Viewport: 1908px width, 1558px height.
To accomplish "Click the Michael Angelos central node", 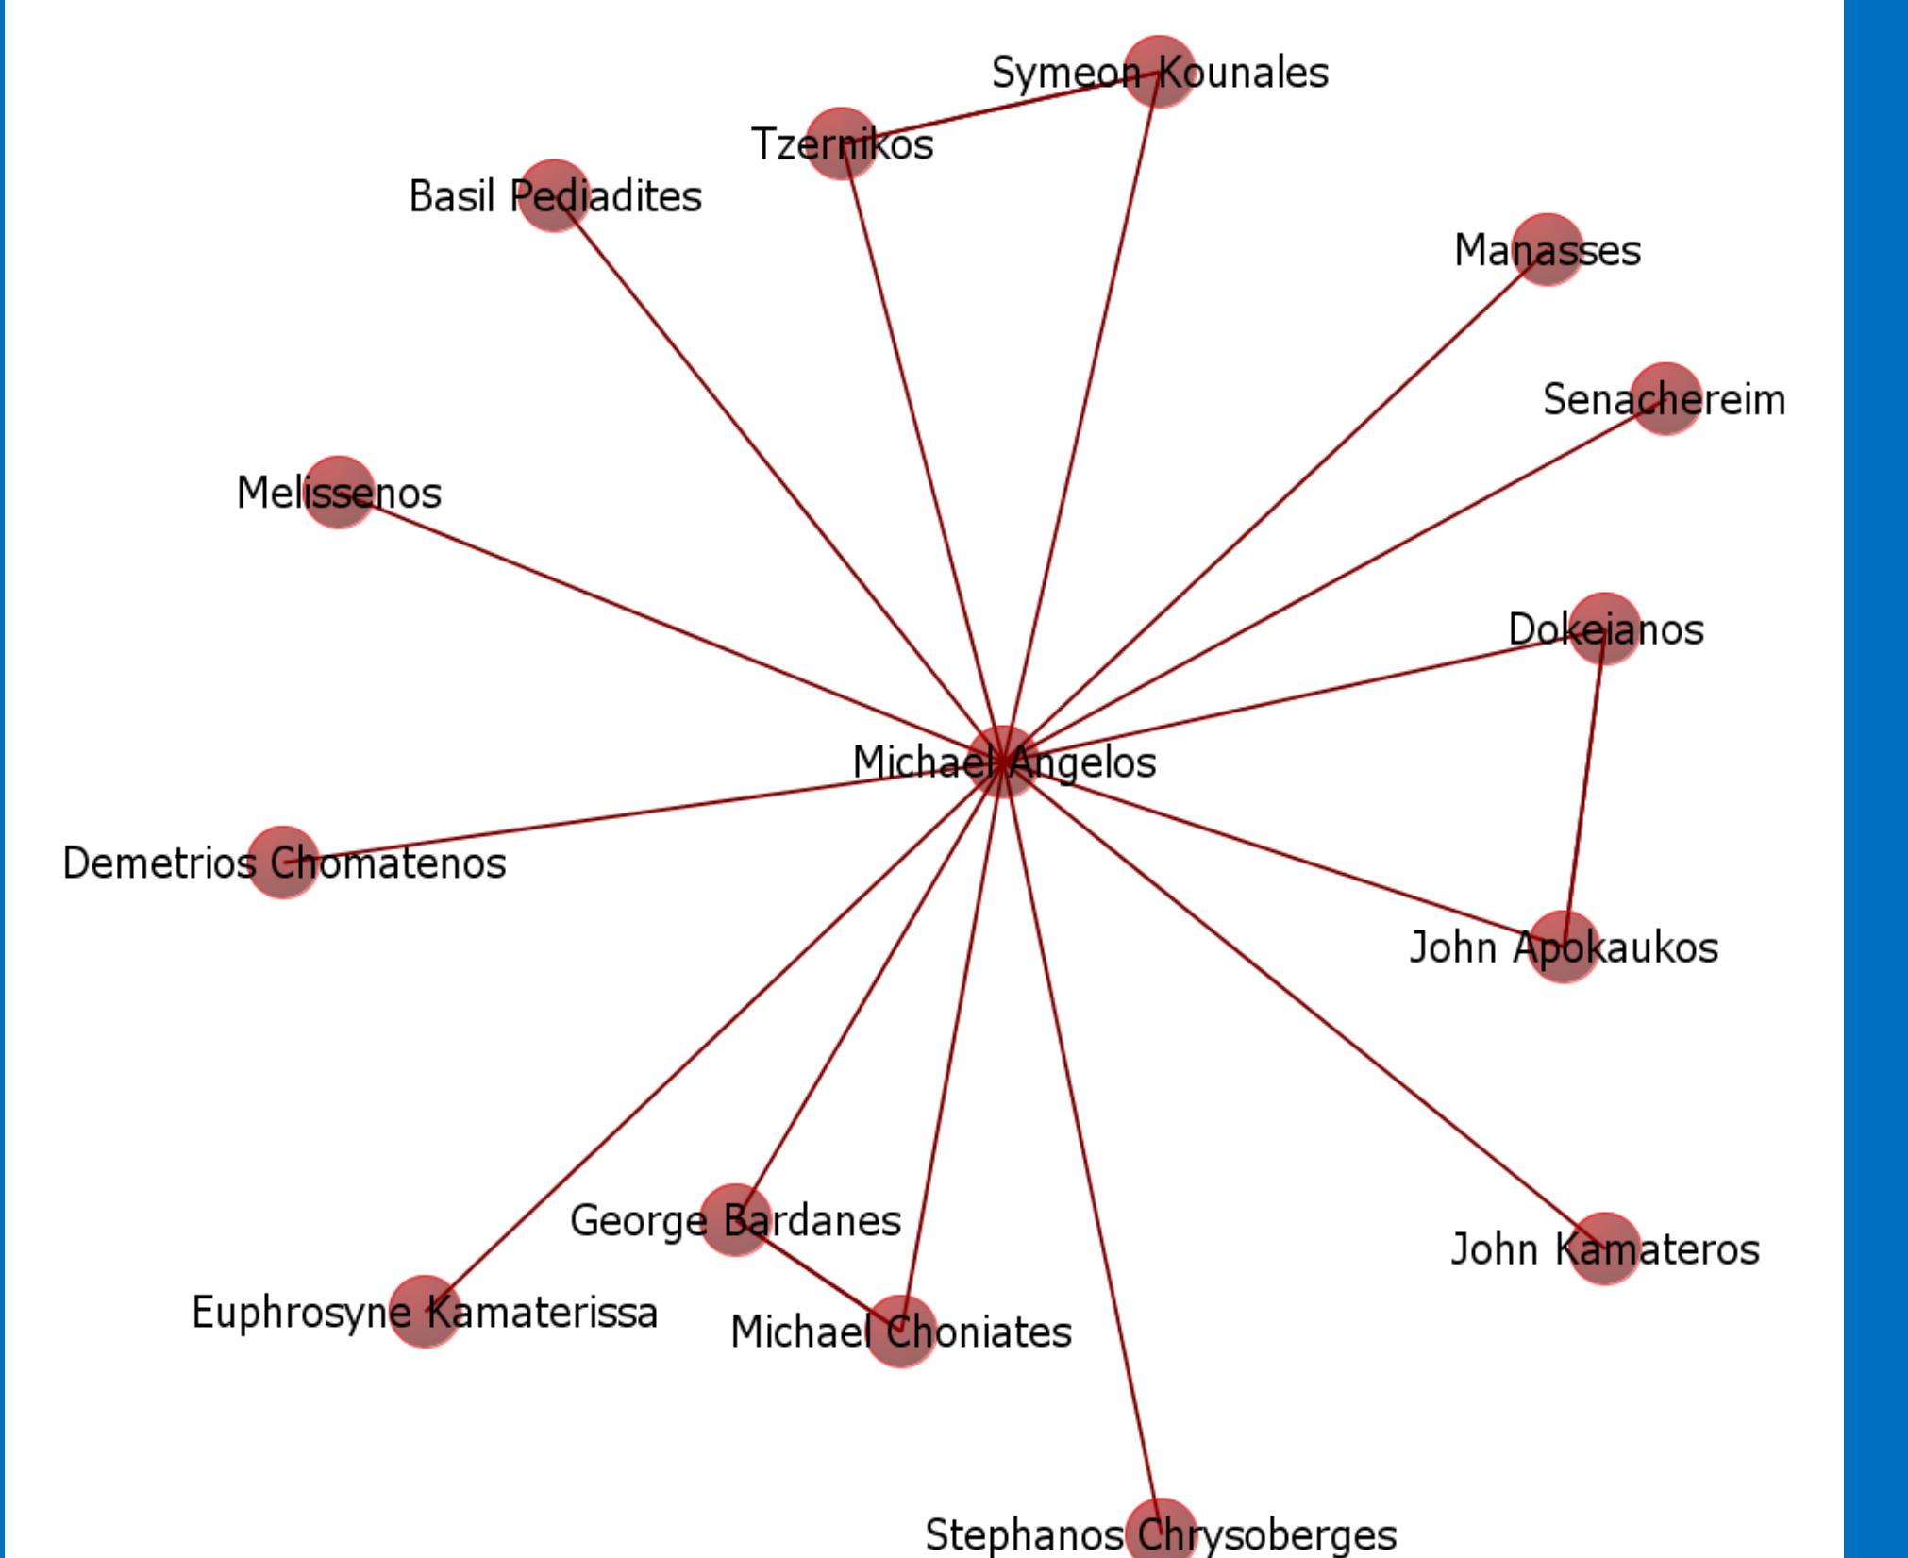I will click(1004, 762).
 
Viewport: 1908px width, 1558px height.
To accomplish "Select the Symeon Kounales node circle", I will click(1159, 72).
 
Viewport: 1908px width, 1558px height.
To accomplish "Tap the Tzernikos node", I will click(842, 142).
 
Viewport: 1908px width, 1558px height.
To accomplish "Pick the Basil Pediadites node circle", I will click(554, 195).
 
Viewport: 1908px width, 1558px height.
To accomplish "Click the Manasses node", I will click(1547, 249).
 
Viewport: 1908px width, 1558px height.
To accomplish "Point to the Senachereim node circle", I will click(1665, 398).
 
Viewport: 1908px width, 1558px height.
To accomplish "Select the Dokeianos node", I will click(1603, 628).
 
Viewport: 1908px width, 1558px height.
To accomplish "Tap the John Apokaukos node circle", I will click(1564, 947).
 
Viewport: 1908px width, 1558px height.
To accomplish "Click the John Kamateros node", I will click(1604, 1248).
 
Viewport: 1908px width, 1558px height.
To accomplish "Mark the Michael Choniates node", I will click(901, 1332).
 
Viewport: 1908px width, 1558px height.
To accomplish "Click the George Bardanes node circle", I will click(735, 1219).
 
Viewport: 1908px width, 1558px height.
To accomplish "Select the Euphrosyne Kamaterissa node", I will click(425, 1312).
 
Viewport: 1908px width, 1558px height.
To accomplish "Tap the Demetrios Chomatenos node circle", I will click(282, 863).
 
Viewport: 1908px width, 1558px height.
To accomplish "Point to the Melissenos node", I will click(338, 492).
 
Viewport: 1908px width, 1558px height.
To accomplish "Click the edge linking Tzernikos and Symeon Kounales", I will click(1000, 107).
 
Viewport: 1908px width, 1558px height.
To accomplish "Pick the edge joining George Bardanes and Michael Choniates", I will click(817, 1275).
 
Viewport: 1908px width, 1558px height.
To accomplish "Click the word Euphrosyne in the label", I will click(288, 1313).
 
